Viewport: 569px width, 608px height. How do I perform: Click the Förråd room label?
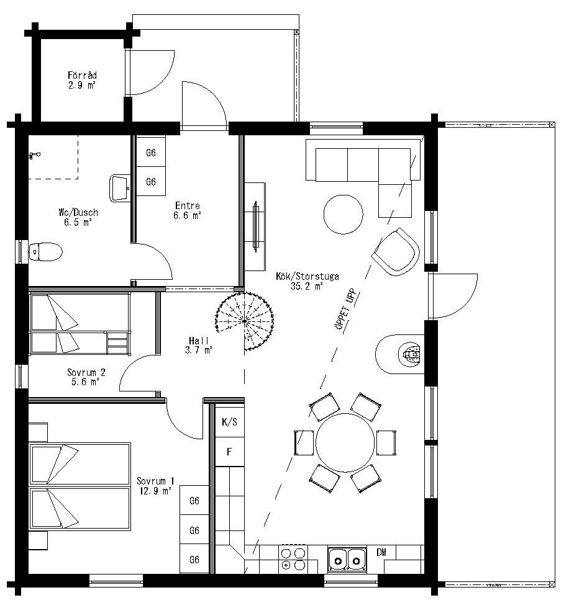[82, 81]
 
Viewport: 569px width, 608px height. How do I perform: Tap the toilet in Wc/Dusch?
[46, 251]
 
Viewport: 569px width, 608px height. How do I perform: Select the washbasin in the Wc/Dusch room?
[119, 187]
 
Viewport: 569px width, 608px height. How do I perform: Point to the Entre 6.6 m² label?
[188, 211]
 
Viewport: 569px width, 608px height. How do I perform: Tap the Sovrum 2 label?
[86, 377]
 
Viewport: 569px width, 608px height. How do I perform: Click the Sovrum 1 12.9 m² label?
[155, 486]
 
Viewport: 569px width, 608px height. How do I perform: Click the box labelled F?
[229, 451]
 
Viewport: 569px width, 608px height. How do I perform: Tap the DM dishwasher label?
[381, 552]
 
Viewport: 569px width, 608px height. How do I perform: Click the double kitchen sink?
[346, 558]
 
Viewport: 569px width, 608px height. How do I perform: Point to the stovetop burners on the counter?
[293, 558]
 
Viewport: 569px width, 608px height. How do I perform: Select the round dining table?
[345, 442]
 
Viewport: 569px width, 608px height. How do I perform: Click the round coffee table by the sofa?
[344, 214]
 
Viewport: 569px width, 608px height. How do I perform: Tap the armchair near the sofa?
[396, 251]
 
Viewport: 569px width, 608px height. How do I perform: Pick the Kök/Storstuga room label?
[307, 282]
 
